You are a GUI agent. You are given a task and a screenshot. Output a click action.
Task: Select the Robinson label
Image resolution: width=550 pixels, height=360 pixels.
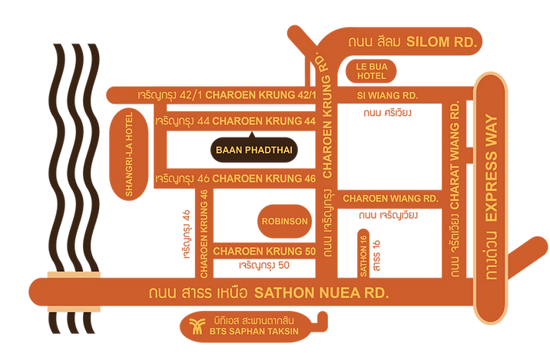(284, 221)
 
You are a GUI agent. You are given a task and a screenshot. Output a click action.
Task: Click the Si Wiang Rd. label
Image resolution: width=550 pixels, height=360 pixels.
(387, 96)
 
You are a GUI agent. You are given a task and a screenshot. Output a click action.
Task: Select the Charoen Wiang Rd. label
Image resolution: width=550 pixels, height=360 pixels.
(390, 198)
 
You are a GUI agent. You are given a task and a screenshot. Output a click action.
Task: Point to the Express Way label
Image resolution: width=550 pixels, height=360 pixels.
(492, 167)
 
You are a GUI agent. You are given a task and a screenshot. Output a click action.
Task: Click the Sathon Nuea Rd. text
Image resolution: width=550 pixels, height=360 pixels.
(321, 292)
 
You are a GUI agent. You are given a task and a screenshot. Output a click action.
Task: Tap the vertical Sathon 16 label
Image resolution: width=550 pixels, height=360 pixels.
(365, 249)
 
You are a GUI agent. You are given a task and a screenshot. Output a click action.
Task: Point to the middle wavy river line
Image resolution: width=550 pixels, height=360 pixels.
(73, 154)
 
